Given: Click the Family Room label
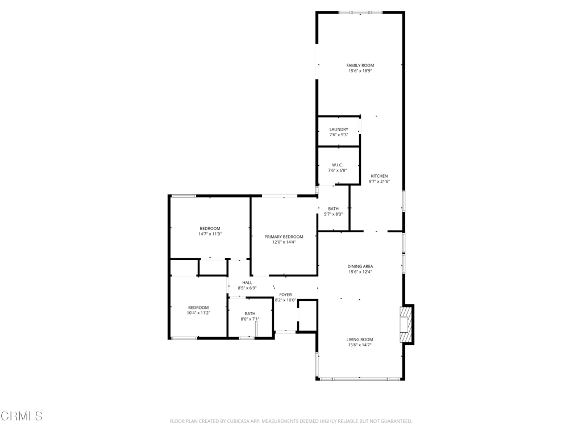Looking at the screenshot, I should (360, 65).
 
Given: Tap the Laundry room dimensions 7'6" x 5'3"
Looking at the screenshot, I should (339, 135).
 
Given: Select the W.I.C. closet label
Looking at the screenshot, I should (338, 165).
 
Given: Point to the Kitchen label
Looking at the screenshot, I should (379, 176).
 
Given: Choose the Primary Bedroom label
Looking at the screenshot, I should (284, 237).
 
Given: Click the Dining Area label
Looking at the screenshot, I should (360, 266).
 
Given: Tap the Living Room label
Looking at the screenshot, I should (360, 339).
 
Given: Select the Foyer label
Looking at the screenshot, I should (285, 295).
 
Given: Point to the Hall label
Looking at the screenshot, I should (247, 283).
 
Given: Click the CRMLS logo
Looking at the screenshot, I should (22, 416).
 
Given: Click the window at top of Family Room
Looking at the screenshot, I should (360, 12).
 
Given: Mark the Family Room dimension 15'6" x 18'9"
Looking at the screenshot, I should (360, 71).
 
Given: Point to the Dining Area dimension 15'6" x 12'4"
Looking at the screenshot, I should (360, 272).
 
